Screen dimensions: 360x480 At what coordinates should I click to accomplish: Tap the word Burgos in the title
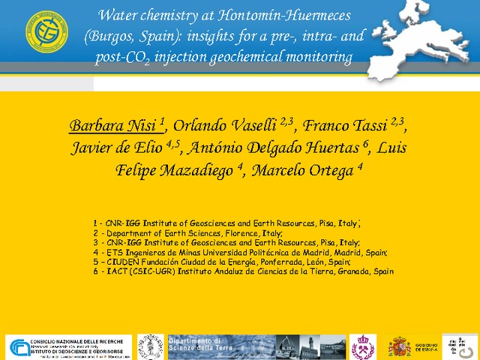(x=111, y=36)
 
